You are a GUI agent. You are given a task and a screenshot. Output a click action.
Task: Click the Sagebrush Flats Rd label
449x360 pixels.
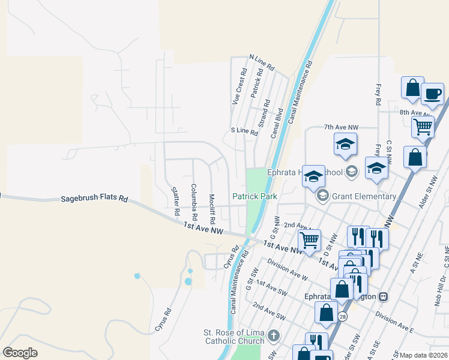pyautogui.click(x=95, y=198)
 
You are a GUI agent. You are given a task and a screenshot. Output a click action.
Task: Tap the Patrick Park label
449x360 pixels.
pyautogui.click(x=255, y=196)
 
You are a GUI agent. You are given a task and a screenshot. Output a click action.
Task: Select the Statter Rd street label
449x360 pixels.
pyautogui.click(x=176, y=201)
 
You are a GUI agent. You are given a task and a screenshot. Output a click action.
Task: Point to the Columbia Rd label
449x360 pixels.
pyautogui.click(x=194, y=200)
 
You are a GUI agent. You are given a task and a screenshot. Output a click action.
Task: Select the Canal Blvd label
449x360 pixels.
pyautogui.click(x=277, y=123)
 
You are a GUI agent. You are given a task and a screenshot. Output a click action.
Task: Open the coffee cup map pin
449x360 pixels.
pyautogui.click(x=432, y=94)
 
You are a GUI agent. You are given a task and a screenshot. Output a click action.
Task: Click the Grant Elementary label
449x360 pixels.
pyautogui.click(x=364, y=196)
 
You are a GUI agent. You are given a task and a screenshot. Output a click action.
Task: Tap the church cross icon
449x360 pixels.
pyautogui.click(x=274, y=335)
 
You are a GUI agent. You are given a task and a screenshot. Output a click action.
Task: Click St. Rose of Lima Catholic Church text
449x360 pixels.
pyautogui.click(x=234, y=337)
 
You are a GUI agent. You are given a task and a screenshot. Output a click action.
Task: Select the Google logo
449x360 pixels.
pyautogui.click(x=20, y=353)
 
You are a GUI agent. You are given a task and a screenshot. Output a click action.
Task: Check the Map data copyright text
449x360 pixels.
pyautogui.click(x=424, y=355)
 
